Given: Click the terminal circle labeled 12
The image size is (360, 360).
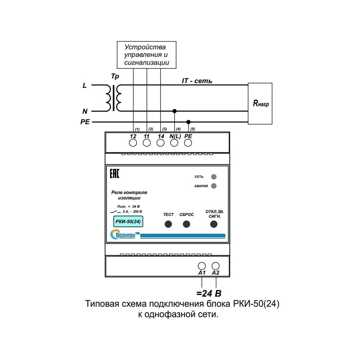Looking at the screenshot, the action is [x=133, y=143].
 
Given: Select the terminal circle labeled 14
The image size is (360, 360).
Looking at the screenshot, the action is [x=161, y=143].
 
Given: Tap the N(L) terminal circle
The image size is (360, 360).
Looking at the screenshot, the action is [x=174, y=143].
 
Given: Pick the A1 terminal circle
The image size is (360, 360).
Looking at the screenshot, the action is [x=202, y=266].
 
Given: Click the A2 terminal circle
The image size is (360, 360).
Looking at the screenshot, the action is [x=216, y=266].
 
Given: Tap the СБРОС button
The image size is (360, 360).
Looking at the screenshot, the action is [x=186, y=224].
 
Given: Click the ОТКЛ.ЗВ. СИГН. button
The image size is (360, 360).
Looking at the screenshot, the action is [x=214, y=224].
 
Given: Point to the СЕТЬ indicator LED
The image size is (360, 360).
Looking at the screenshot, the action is [x=214, y=177].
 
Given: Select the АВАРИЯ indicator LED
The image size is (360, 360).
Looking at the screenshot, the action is [x=214, y=186].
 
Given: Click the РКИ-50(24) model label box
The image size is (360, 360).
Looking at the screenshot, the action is [x=128, y=221].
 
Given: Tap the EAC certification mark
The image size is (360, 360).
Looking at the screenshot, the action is [x=114, y=174].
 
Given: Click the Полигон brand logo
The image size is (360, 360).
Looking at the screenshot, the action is [x=125, y=235].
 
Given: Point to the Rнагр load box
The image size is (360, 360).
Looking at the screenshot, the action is [x=260, y=104].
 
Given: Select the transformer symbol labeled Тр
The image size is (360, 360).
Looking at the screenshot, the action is [x=114, y=98].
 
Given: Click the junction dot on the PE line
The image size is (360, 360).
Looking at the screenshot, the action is [x=189, y=122].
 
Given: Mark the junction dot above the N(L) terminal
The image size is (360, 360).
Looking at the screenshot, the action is [x=175, y=111].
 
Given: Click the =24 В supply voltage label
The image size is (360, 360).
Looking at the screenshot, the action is [x=209, y=293].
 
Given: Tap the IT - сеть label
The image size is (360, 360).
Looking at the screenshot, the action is [x=197, y=81].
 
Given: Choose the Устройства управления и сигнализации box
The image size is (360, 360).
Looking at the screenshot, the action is [x=147, y=55].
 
